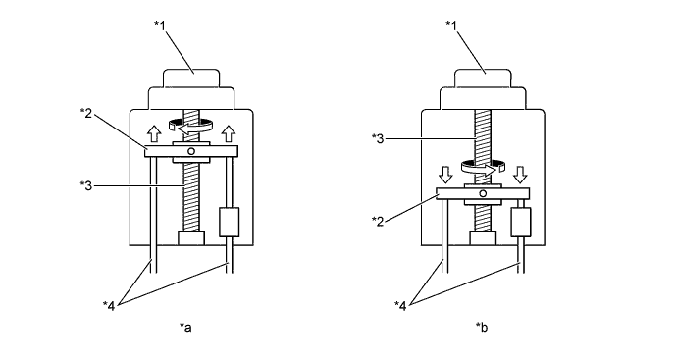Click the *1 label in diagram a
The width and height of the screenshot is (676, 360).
(160, 25)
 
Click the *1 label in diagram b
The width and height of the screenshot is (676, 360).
(451, 25)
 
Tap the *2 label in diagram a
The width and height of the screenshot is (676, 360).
(86, 113)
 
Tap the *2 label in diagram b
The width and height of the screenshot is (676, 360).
(378, 221)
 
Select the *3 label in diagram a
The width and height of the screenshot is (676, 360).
(86, 185)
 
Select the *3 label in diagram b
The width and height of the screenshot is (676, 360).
(378, 138)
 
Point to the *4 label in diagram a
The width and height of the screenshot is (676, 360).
(109, 306)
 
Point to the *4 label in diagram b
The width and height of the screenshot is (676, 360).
(400, 306)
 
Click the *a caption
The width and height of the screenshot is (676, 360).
(185, 328)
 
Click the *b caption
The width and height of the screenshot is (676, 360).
(482, 328)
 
